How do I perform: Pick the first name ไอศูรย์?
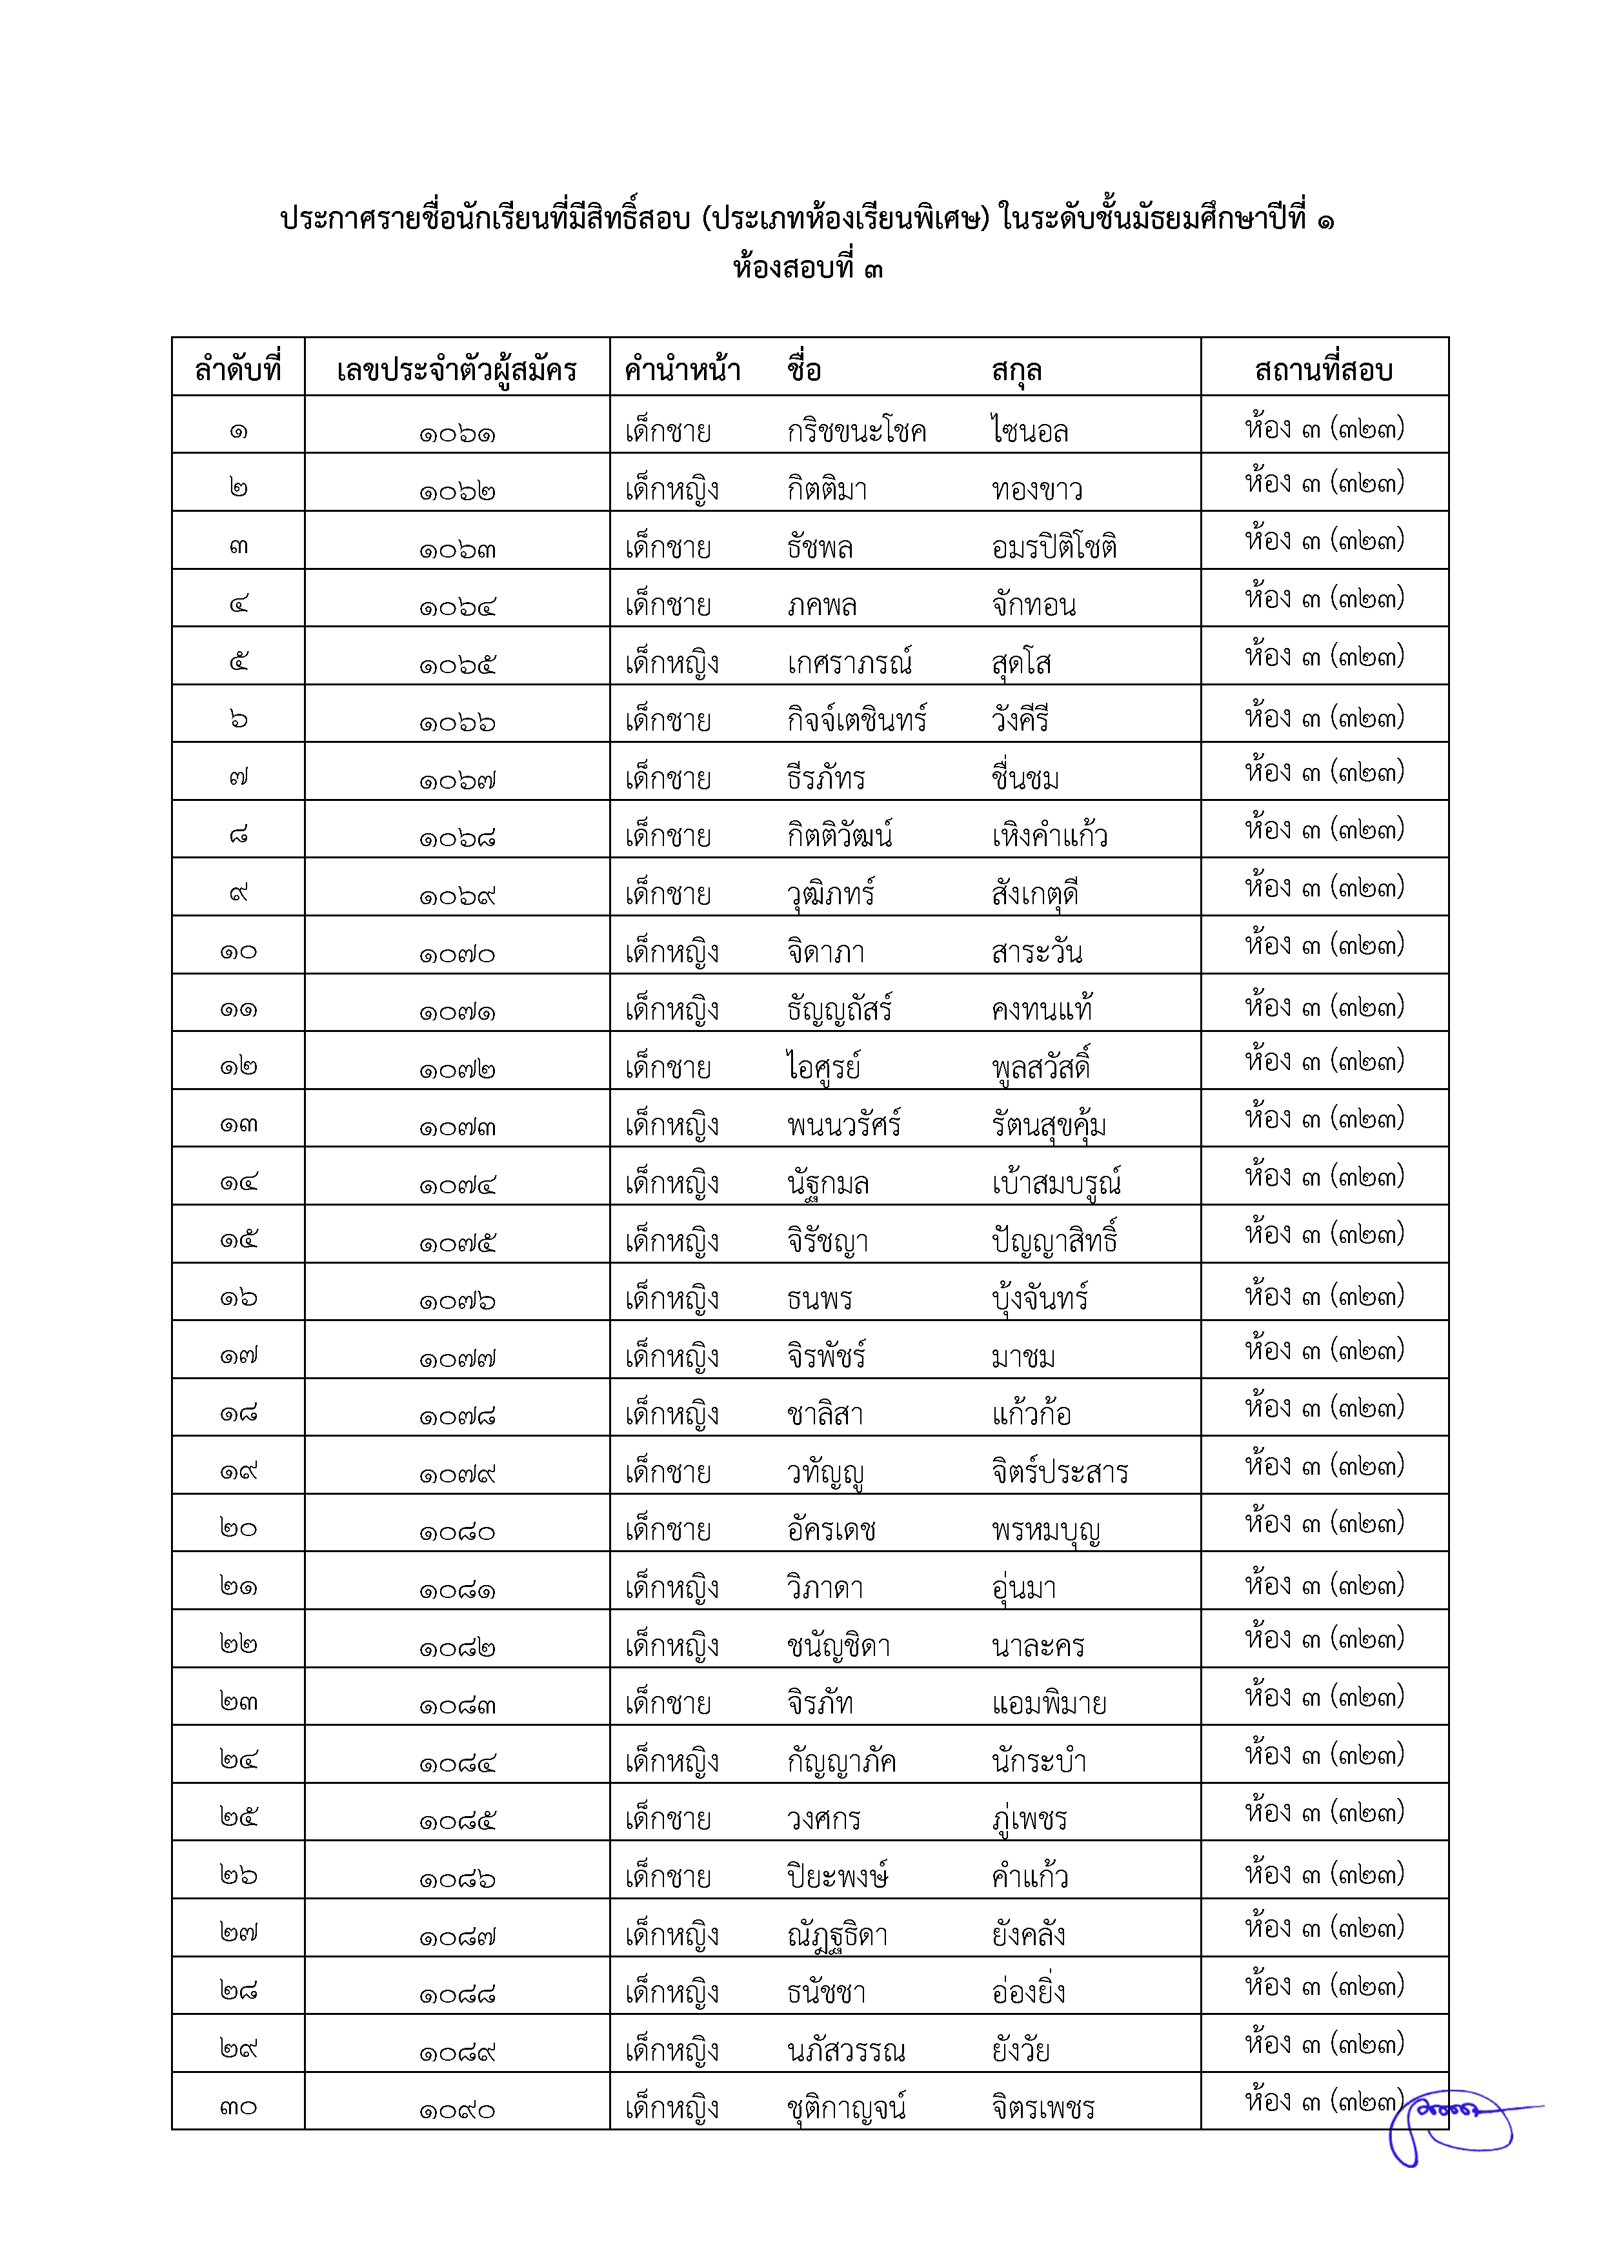(823, 1067)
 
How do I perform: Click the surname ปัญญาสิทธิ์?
(1054, 1240)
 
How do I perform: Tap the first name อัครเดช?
(831, 1530)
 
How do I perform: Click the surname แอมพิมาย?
(1048, 1704)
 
